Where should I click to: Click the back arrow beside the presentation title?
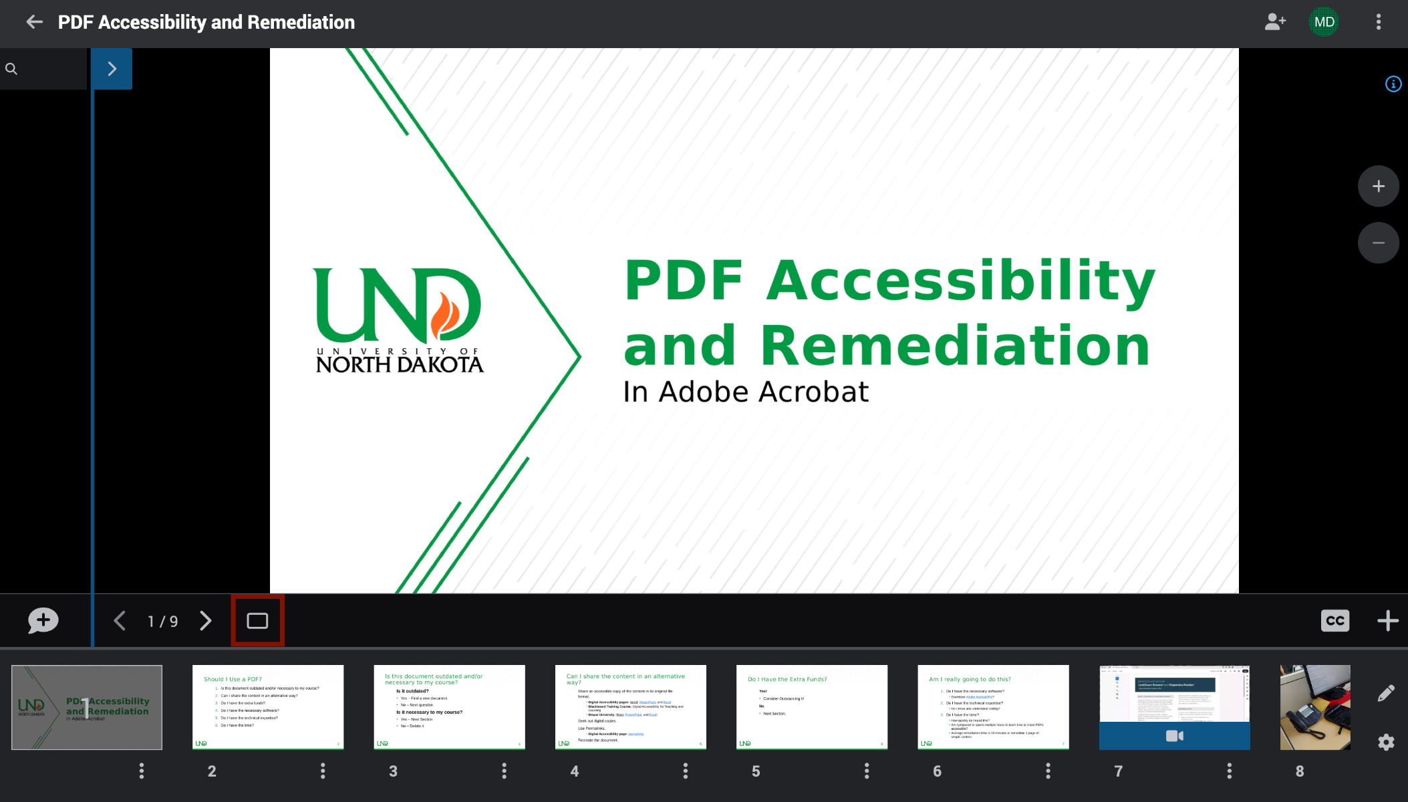tap(35, 22)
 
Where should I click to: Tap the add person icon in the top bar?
tap(1275, 22)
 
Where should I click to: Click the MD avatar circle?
tap(1324, 22)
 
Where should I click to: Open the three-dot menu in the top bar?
tap(1379, 22)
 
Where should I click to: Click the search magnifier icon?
tap(11, 69)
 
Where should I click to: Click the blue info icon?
tap(1393, 84)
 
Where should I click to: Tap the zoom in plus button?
tap(1378, 186)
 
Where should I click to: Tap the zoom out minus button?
tap(1378, 243)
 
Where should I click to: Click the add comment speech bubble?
tap(43, 621)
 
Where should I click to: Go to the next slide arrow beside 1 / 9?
tap(206, 621)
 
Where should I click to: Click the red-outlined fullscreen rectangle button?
tap(257, 621)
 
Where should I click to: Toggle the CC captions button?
tap(1334, 621)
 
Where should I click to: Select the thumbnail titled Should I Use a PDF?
tap(268, 706)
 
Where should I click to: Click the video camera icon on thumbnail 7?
tap(1174, 736)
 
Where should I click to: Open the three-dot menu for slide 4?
tap(686, 771)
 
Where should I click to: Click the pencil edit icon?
tap(1386, 693)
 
